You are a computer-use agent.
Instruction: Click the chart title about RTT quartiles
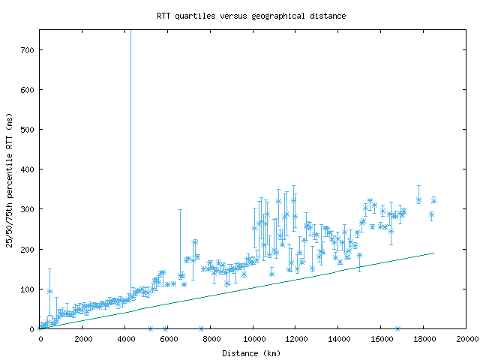251,16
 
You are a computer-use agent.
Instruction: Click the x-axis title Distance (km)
251,352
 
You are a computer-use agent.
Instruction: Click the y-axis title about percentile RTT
10,180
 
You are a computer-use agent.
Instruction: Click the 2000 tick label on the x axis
83,339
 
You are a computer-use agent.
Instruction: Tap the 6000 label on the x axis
169,339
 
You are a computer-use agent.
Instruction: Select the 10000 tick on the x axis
253,339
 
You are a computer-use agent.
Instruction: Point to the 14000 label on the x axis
339,339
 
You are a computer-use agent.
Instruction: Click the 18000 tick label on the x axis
424,339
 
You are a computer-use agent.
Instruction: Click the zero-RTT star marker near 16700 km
397,328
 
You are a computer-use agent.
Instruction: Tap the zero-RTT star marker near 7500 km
201,328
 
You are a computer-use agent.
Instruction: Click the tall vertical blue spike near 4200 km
130,150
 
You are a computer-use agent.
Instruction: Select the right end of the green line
433,253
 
